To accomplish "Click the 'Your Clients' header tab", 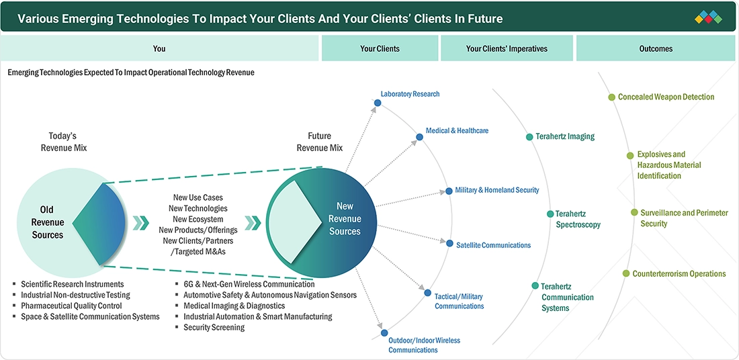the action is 380,48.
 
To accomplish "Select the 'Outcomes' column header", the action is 656,48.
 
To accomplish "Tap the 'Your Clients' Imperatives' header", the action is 507,48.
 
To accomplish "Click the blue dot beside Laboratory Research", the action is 377,103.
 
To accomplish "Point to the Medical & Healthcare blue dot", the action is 419,137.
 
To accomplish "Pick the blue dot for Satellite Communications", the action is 449,243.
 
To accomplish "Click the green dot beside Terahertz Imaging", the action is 529,136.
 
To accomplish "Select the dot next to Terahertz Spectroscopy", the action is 550,214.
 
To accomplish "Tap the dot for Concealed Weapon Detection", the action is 611,97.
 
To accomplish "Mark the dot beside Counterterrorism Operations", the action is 626,273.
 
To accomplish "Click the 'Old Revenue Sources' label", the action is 48,222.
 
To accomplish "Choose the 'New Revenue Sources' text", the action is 345,219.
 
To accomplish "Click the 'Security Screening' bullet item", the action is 214,327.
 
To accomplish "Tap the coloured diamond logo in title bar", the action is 708,17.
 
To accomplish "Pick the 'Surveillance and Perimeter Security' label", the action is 684,218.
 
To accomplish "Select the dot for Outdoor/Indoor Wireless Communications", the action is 384,332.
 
